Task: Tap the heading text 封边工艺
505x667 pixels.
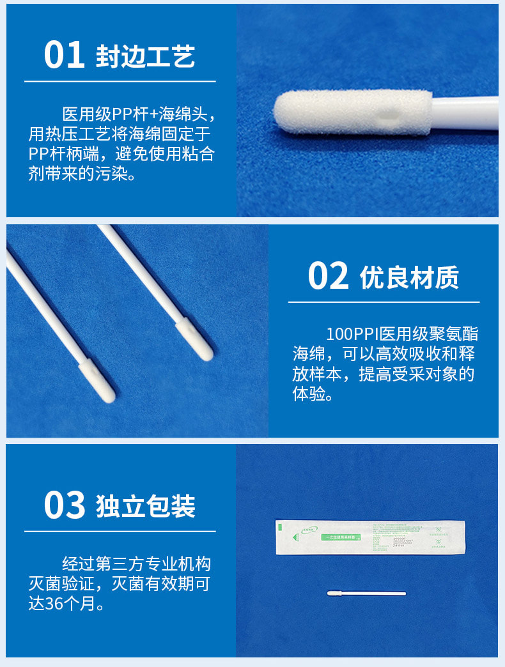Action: coord(145,57)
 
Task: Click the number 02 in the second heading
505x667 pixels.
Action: coord(328,275)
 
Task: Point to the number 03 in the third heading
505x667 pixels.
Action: coord(64,505)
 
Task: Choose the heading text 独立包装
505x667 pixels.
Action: coord(145,507)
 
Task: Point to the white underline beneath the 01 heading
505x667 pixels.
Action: coord(120,82)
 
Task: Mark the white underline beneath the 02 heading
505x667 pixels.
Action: coord(384,302)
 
